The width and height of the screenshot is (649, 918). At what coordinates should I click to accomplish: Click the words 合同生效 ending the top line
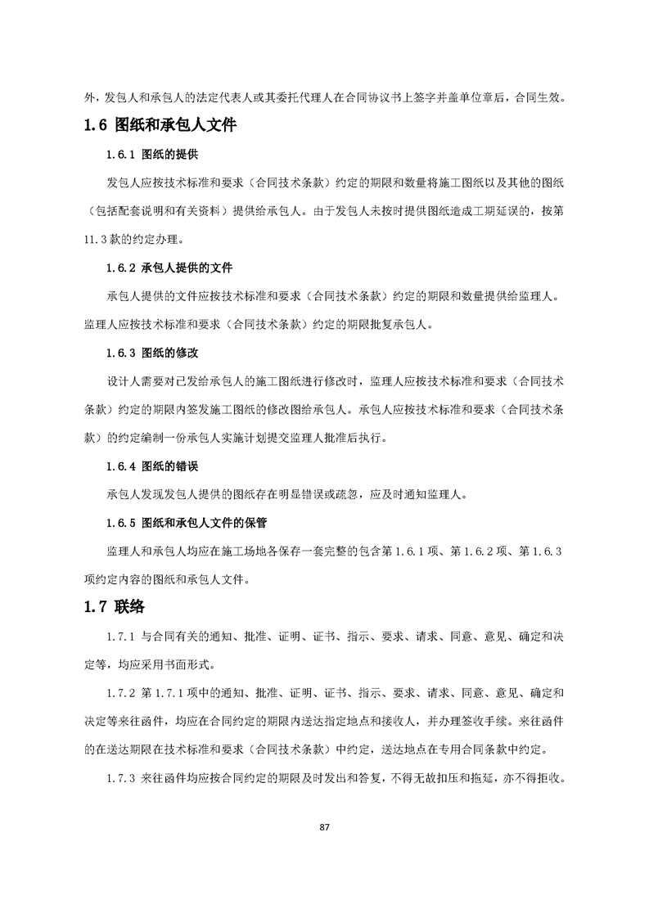tap(537, 97)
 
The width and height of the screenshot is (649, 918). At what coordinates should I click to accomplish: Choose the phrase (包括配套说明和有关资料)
tap(155, 211)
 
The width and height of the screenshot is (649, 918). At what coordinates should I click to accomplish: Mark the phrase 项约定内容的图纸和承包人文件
tap(172, 579)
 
